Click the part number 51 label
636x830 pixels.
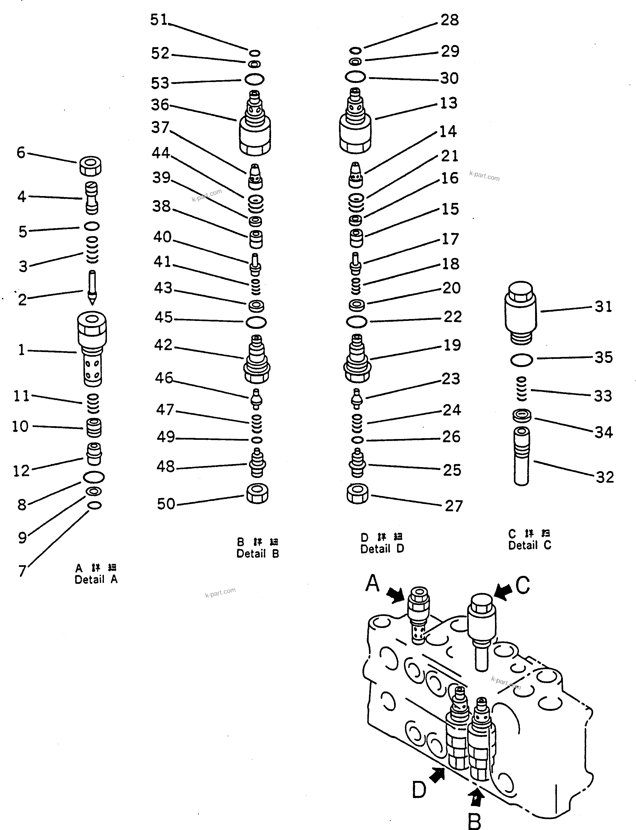159,20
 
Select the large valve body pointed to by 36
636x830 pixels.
255,125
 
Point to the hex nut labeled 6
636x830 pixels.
91,166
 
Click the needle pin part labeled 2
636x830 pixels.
92,288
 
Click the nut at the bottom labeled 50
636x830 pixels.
257,494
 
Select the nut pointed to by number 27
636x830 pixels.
357,494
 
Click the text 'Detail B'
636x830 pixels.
257,554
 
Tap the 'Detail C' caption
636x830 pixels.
529,545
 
